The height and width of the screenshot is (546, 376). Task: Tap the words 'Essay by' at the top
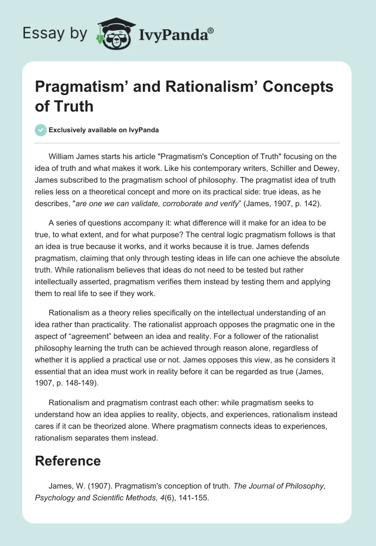point(55,33)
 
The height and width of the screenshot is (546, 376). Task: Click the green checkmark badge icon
point(40,130)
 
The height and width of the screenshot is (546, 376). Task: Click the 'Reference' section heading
point(68,460)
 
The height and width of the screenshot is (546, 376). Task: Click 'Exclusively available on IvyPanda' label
point(104,130)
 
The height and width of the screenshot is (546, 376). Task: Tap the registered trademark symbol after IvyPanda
point(211,31)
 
